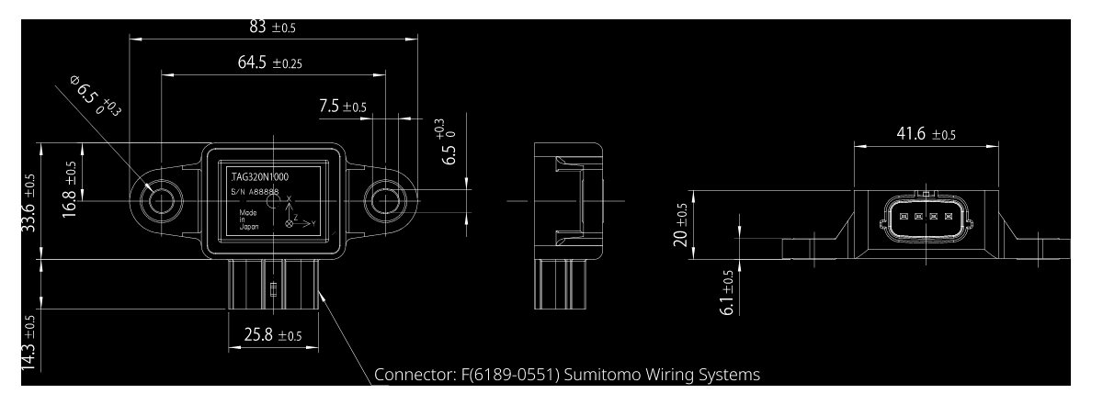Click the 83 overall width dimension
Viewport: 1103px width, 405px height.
272,28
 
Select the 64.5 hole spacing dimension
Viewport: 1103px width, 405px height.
269,63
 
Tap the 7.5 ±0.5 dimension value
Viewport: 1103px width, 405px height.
343,107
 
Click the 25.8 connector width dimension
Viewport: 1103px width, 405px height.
272,335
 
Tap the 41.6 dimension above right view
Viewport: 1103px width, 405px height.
925,134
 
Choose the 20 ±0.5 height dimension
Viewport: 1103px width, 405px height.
680,225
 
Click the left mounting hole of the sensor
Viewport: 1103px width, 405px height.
163,200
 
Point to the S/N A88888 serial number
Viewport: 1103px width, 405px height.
254,192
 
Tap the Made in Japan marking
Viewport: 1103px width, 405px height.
248,223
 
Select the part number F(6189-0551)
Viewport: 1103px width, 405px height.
507,375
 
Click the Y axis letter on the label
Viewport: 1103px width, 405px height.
313,223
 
